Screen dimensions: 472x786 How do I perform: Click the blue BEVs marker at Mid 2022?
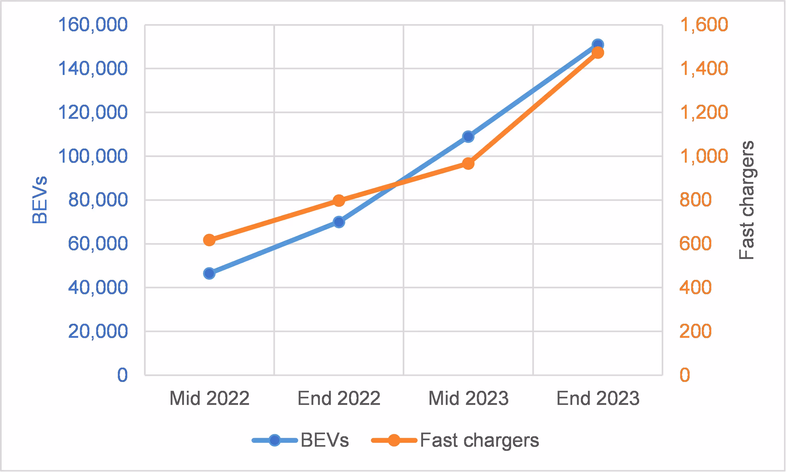click(209, 273)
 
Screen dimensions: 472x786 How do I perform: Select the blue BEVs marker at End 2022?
click(339, 222)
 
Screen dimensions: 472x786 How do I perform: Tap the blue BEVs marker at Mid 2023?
click(468, 137)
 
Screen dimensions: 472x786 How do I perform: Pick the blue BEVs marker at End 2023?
click(598, 45)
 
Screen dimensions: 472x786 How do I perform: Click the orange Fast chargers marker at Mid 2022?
click(209, 240)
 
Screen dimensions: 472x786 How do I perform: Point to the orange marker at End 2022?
click(339, 200)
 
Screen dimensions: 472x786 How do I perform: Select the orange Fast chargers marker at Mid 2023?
click(468, 163)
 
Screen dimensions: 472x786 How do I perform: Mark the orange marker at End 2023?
click(598, 52)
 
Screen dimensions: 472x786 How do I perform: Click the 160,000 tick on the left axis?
click(93, 25)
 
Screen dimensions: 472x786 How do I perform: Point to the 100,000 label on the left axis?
click(93, 156)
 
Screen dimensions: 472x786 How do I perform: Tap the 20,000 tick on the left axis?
click(98, 331)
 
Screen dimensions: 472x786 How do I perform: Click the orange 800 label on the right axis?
click(695, 200)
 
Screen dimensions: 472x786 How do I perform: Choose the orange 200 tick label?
click(695, 331)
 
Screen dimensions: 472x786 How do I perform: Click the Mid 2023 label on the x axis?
click(468, 398)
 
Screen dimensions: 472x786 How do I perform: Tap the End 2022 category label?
click(339, 398)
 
